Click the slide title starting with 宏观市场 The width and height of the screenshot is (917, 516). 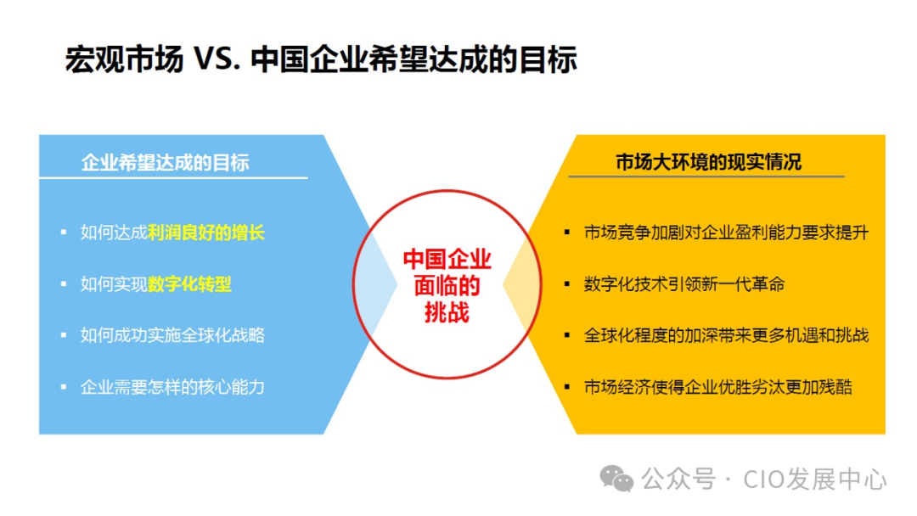point(321,60)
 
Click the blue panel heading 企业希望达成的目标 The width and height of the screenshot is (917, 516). point(166,162)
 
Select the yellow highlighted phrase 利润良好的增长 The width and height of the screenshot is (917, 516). point(206,233)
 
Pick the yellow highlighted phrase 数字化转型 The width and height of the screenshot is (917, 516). point(189,284)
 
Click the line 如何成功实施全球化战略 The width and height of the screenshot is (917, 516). point(172,335)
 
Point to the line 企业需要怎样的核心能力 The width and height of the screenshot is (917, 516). point(172,387)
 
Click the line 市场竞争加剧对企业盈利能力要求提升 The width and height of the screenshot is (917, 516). point(726,233)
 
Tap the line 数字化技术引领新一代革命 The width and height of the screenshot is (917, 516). point(684,284)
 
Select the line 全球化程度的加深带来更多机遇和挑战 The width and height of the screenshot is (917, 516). point(726,335)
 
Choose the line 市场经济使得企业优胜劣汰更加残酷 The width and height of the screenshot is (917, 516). point(717,387)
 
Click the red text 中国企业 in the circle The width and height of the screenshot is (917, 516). point(447,258)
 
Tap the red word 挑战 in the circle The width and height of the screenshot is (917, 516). point(447,312)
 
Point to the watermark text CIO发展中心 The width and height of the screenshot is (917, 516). point(815,480)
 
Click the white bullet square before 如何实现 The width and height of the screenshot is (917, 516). point(63,284)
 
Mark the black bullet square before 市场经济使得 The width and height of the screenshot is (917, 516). point(566,388)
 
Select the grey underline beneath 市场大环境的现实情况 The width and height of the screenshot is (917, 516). point(706,177)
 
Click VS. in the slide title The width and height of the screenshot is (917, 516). point(217,61)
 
